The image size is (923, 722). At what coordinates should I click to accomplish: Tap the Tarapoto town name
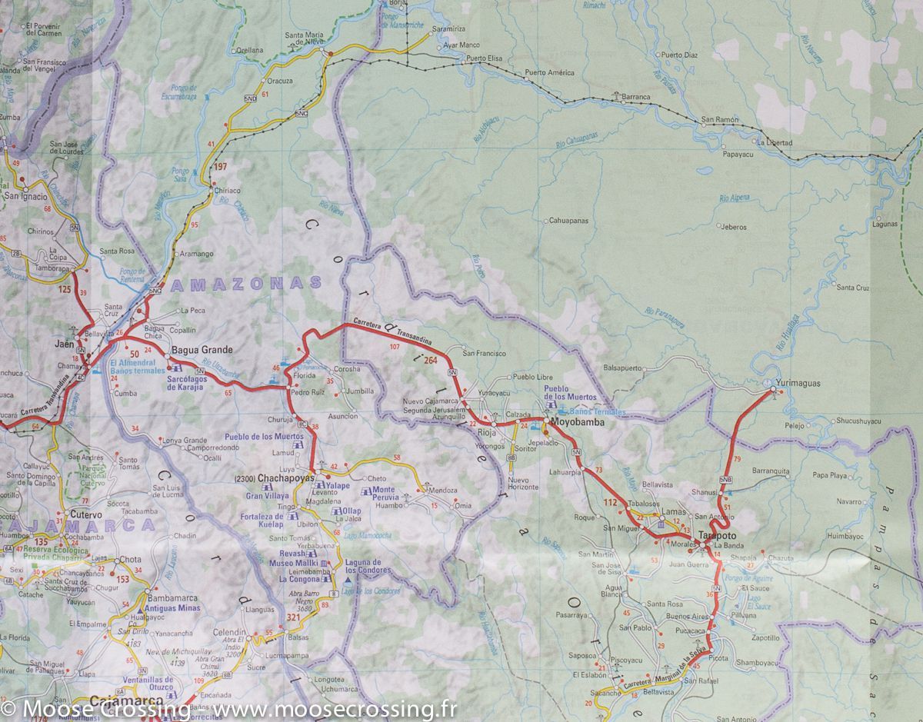[718, 535]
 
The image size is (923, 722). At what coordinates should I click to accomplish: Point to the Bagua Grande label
[202, 350]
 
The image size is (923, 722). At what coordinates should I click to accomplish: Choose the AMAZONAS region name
[246, 284]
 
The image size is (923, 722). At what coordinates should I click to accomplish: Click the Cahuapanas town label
[568, 221]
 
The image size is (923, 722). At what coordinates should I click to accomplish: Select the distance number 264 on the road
[430, 360]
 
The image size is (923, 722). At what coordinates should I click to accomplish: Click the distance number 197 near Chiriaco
[222, 167]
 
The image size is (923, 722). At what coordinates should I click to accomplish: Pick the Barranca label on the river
[636, 98]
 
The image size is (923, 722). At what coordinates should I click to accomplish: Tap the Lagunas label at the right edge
[885, 224]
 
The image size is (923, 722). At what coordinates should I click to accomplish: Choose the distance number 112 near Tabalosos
[611, 502]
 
